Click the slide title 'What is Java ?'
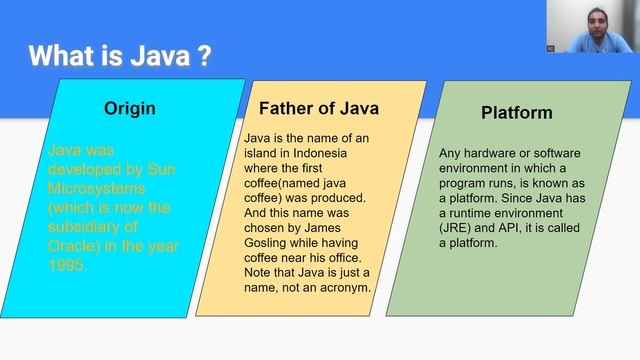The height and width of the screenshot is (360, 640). [x=119, y=55]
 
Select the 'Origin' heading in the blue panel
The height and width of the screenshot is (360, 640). [x=130, y=108]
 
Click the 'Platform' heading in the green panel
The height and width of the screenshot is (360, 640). [x=517, y=113]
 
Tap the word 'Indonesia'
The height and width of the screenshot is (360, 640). [x=341, y=153]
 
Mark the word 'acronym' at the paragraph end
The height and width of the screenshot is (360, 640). [x=344, y=288]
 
